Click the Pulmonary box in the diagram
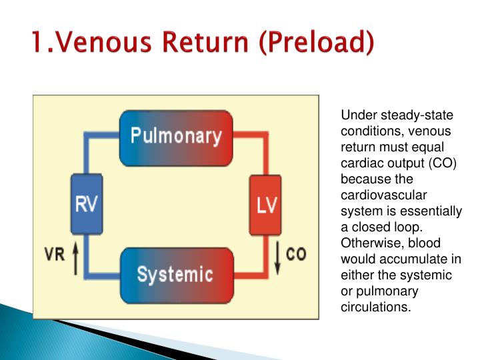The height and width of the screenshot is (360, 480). (x=175, y=138)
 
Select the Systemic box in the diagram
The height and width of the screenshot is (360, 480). (x=175, y=274)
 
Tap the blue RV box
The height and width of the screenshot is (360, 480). (x=87, y=205)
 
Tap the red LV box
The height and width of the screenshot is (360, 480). (x=265, y=205)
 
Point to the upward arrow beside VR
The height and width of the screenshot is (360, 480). (x=75, y=258)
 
